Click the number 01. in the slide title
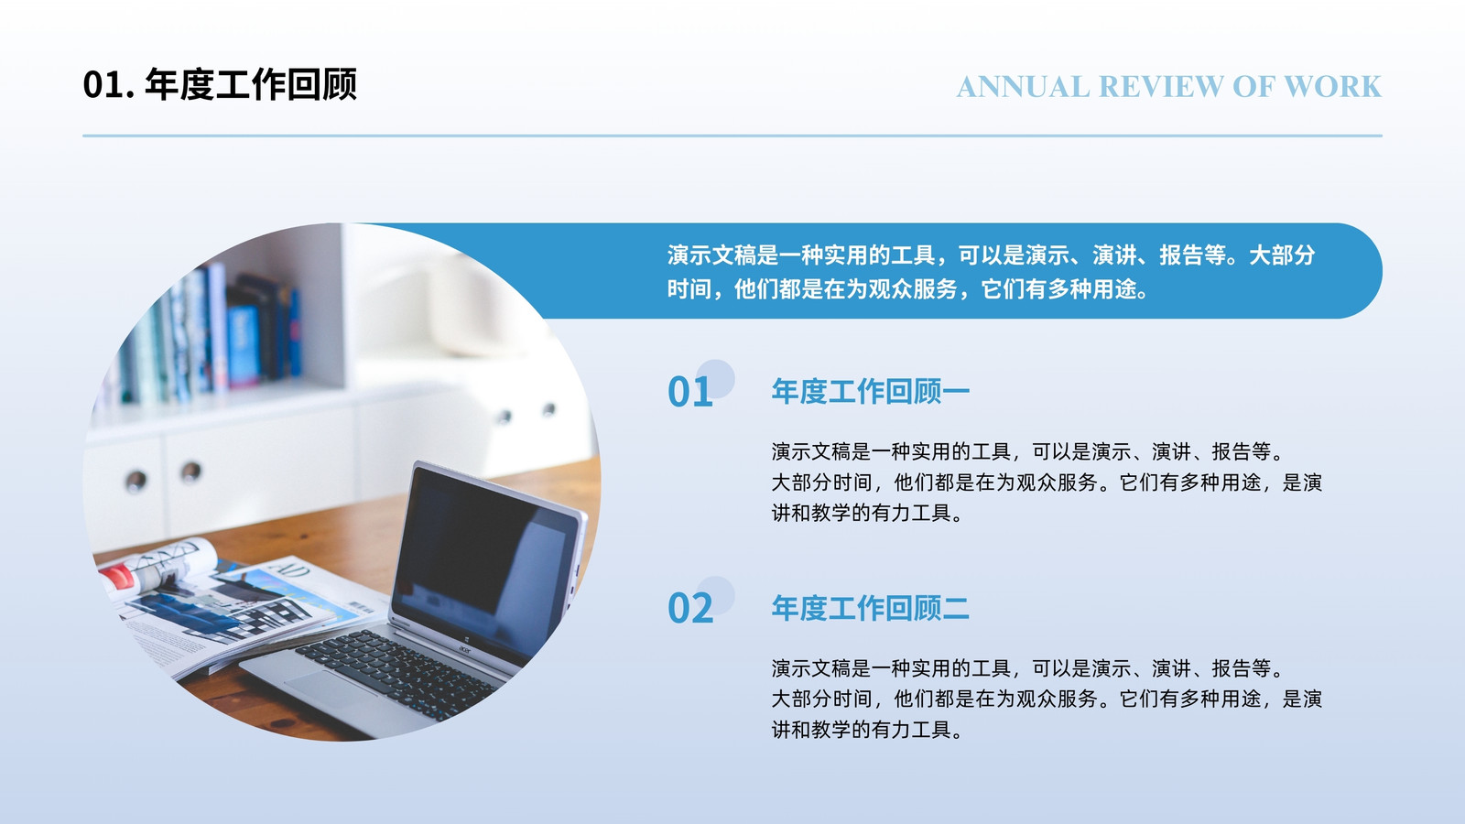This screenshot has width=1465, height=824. (109, 85)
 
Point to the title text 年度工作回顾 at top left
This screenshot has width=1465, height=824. (251, 84)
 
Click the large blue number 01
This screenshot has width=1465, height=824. (690, 393)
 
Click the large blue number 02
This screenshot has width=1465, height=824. (690, 609)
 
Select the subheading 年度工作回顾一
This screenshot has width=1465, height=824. (871, 391)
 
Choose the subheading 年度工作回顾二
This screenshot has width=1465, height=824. (871, 608)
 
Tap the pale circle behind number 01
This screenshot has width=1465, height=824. (715, 379)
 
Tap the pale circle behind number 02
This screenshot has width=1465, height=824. (715, 596)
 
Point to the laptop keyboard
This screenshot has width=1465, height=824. (399, 674)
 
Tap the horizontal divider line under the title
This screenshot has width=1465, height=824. (732, 136)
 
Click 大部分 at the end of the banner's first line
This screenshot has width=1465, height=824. (1282, 255)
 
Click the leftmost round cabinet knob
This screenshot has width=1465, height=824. (136, 481)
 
